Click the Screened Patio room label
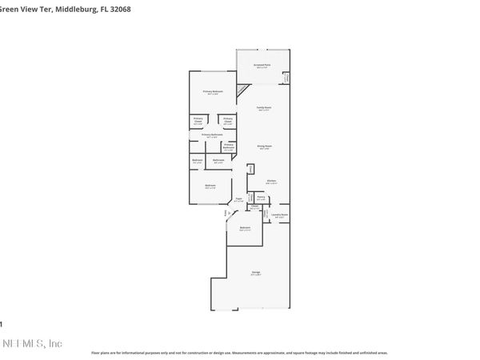point(262,65)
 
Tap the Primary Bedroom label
point(212,92)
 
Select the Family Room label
point(263,108)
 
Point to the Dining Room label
point(263,147)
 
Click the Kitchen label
point(271,182)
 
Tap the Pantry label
point(261,197)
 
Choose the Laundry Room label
point(279,215)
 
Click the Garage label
point(256,274)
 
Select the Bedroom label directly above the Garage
point(245,229)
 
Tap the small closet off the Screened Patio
point(286,78)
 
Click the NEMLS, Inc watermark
point(32,344)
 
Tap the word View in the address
point(20,9)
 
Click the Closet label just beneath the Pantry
point(254,206)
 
